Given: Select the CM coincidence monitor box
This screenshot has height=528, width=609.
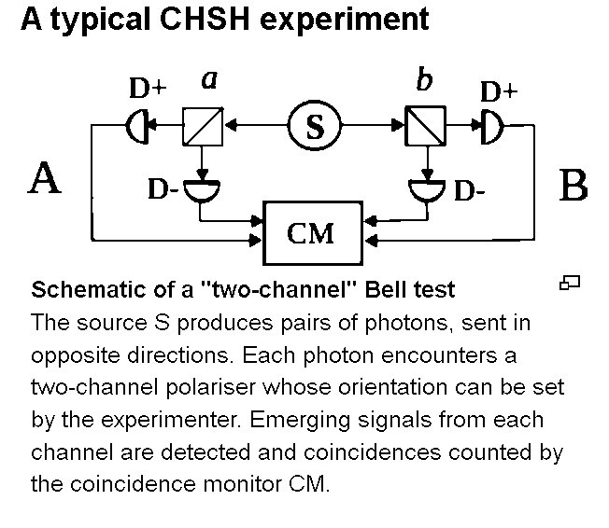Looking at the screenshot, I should tap(311, 232).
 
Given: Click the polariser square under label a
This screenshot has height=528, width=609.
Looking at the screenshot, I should tap(203, 127).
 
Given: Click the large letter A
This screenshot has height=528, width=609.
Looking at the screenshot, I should tap(45, 178).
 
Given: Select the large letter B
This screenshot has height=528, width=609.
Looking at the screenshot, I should tap(573, 186).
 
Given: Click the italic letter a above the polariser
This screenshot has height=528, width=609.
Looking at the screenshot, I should tap(209, 80).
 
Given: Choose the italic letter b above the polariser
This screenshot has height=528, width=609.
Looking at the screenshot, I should tap(424, 80).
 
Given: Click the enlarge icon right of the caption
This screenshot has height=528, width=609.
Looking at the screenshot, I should tap(570, 283).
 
